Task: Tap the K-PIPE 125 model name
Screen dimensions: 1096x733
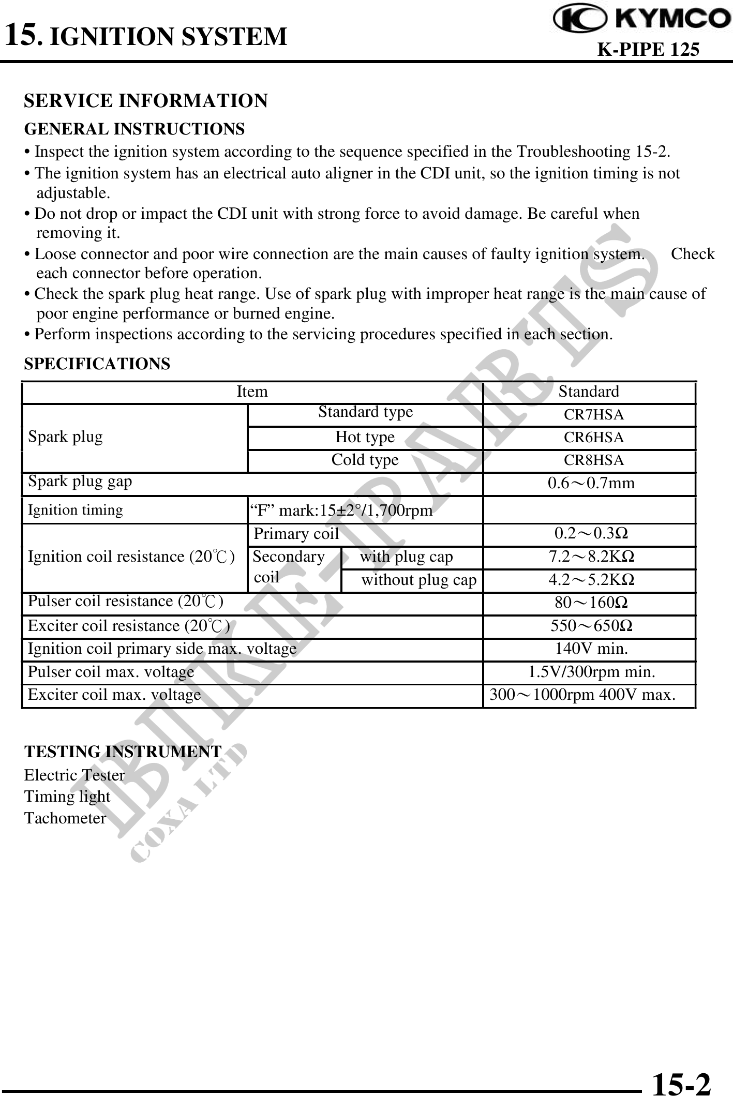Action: tap(648, 49)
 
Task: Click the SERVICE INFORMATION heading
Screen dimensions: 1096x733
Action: tap(146, 100)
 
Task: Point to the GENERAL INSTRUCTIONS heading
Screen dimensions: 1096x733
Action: tap(134, 128)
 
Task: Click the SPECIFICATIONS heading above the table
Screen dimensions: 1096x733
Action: tap(97, 364)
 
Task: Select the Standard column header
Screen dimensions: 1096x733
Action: tap(589, 392)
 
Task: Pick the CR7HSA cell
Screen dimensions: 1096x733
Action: tap(593, 415)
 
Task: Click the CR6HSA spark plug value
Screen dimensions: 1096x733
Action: tap(593, 438)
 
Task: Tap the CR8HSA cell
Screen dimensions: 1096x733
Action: tap(593, 460)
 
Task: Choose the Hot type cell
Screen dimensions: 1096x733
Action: tap(365, 438)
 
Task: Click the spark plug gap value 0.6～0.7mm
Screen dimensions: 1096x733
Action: tap(591, 484)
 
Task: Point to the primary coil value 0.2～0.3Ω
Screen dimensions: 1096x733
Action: tap(591, 533)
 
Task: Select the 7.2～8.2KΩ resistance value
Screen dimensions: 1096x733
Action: tap(591, 557)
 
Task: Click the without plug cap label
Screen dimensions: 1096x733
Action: tap(418, 580)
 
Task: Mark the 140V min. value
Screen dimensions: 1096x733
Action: tap(591, 649)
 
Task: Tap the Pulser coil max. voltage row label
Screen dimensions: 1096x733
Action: tap(111, 672)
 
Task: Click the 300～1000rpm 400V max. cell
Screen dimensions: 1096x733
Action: tap(582, 695)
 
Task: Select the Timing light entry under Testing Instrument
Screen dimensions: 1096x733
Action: tap(67, 797)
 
